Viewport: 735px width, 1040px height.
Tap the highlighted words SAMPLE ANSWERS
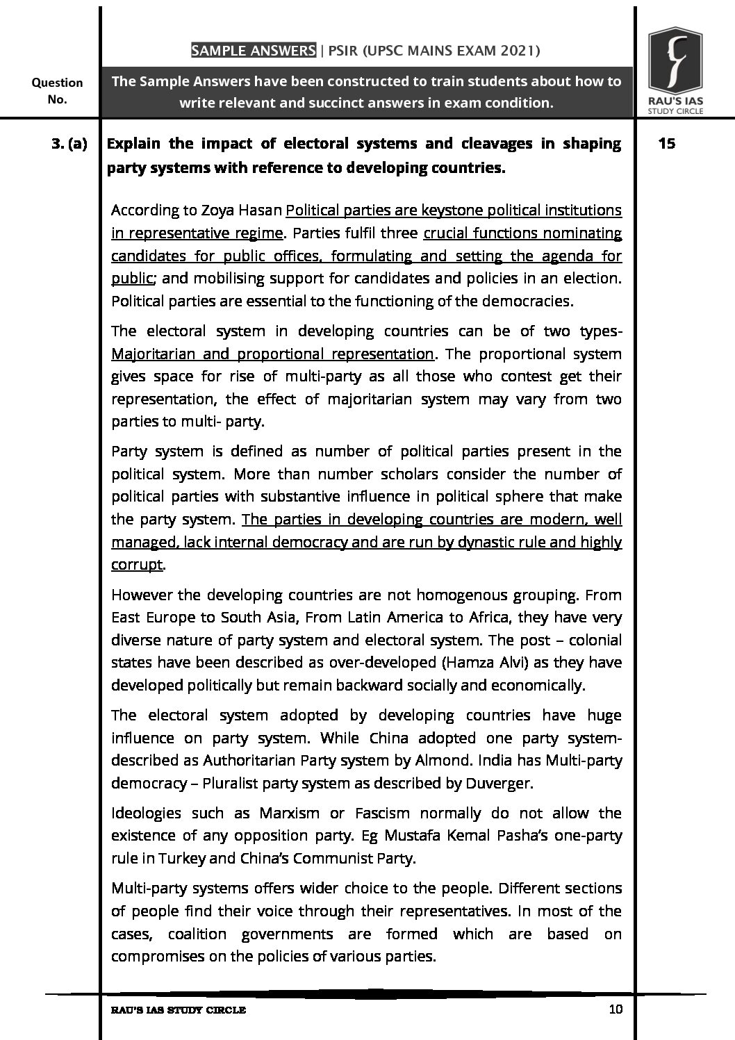tap(254, 51)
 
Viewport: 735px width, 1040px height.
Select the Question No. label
tap(57, 90)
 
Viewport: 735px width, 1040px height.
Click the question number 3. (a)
tap(69, 145)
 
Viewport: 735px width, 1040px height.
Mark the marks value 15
tap(666, 144)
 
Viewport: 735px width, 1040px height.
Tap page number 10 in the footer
tap(615, 1009)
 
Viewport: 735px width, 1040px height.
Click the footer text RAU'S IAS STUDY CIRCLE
tap(179, 1010)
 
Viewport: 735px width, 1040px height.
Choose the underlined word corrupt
tap(136, 565)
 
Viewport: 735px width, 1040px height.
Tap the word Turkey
tap(182, 859)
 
